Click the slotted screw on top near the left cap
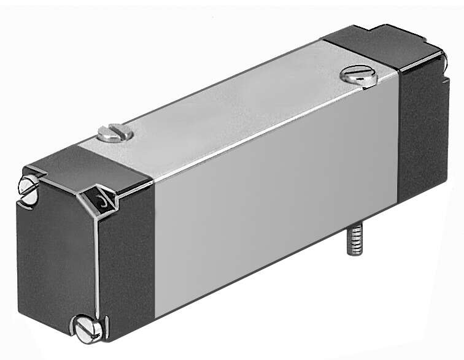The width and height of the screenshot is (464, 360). (115, 132)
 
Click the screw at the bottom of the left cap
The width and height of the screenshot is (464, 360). (88, 328)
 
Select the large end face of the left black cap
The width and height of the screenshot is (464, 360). (55, 258)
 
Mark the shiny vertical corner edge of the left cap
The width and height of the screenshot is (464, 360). (97, 270)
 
